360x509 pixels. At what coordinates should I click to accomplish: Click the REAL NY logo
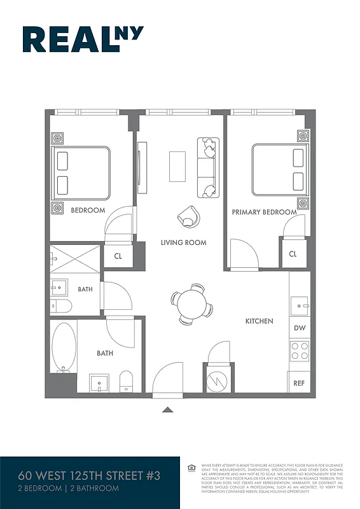click(x=83, y=39)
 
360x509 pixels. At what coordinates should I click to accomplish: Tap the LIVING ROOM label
click(x=183, y=242)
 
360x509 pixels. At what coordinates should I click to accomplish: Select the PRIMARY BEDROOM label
click(x=264, y=212)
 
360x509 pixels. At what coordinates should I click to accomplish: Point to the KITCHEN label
click(x=260, y=321)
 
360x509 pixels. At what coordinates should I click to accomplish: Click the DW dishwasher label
click(x=299, y=328)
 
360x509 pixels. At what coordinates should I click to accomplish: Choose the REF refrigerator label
click(x=299, y=383)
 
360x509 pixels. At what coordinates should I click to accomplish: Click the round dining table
click(x=191, y=303)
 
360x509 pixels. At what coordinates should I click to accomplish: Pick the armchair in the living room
click(x=189, y=216)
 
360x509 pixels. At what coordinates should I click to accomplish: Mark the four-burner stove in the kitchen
click(x=299, y=351)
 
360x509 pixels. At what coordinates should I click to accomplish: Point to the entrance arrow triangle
click(x=168, y=410)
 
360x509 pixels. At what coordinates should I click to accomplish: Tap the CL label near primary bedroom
click(x=293, y=254)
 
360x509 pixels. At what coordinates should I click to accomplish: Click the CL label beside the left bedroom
click(x=118, y=256)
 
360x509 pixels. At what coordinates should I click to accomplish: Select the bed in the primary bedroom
click(x=277, y=170)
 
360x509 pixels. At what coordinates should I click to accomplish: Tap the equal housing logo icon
click(x=191, y=468)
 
